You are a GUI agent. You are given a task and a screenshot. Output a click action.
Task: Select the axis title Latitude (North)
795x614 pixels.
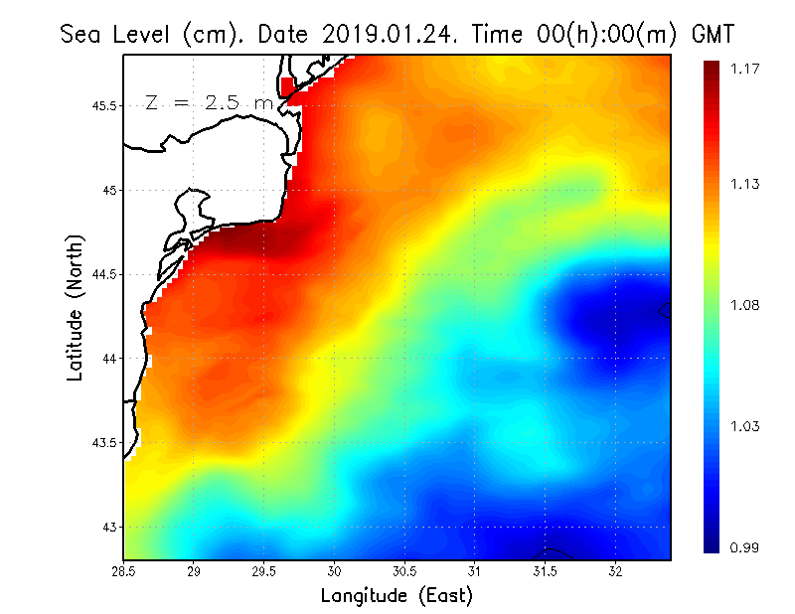pos(75,308)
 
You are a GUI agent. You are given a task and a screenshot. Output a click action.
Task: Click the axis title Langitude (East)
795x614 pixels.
pos(397,596)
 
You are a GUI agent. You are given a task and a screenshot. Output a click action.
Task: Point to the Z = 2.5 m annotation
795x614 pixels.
pos(209,102)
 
